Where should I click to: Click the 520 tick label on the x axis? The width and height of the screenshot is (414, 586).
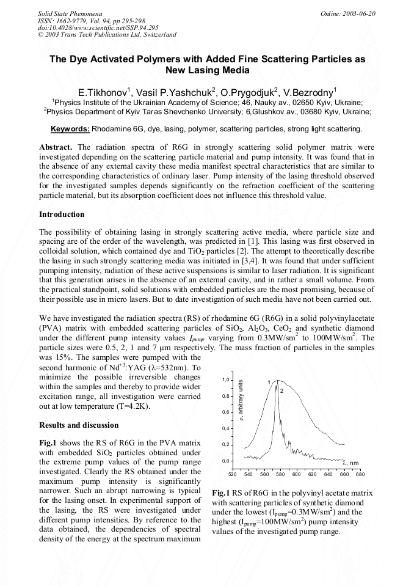point(232,474)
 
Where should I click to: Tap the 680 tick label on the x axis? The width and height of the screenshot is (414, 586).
point(360,474)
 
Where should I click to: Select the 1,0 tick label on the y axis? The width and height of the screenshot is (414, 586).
point(225,380)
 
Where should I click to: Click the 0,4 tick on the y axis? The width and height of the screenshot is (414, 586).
point(225,428)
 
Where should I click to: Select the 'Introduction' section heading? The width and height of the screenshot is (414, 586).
point(62,214)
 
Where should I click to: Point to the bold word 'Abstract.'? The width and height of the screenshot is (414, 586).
point(56,147)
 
